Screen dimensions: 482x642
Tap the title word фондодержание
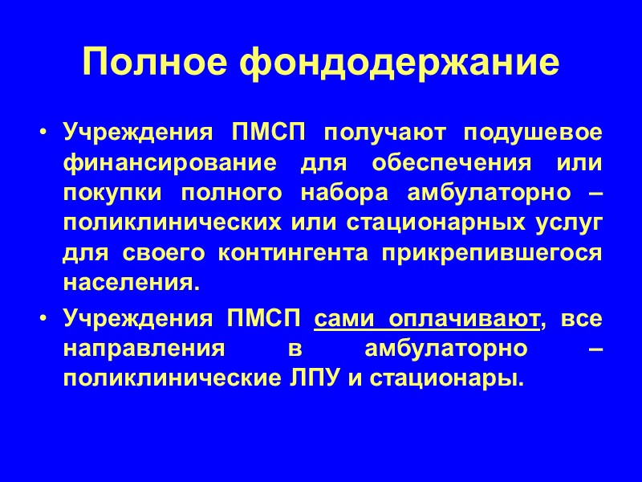399,63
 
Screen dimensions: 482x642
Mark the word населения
129,283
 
